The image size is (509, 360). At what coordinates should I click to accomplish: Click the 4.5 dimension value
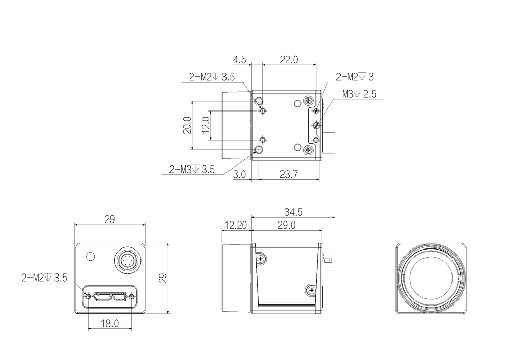pyautogui.click(x=240, y=60)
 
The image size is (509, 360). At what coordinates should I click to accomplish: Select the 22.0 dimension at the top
pyautogui.click(x=289, y=60)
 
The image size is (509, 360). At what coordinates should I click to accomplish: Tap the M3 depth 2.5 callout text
pyautogui.click(x=359, y=94)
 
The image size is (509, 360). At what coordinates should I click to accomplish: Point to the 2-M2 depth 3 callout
pyautogui.click(x=354, y=77)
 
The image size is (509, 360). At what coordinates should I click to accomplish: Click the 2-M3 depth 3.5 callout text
pyautogui.click(x=192, y=170)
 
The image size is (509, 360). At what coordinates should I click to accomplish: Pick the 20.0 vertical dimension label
pyautogui.click(x=187, y=125)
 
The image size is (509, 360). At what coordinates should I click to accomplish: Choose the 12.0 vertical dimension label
pyautogui.click(x=206, y=125)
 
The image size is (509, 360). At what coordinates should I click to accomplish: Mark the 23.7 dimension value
pyautogui.click(x=289, y=174)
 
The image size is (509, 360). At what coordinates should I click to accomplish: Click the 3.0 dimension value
pyautogui.click(x=239, y=174)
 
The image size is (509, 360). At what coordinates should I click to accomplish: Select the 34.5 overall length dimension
pyautogui.click(x=293, y=212)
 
